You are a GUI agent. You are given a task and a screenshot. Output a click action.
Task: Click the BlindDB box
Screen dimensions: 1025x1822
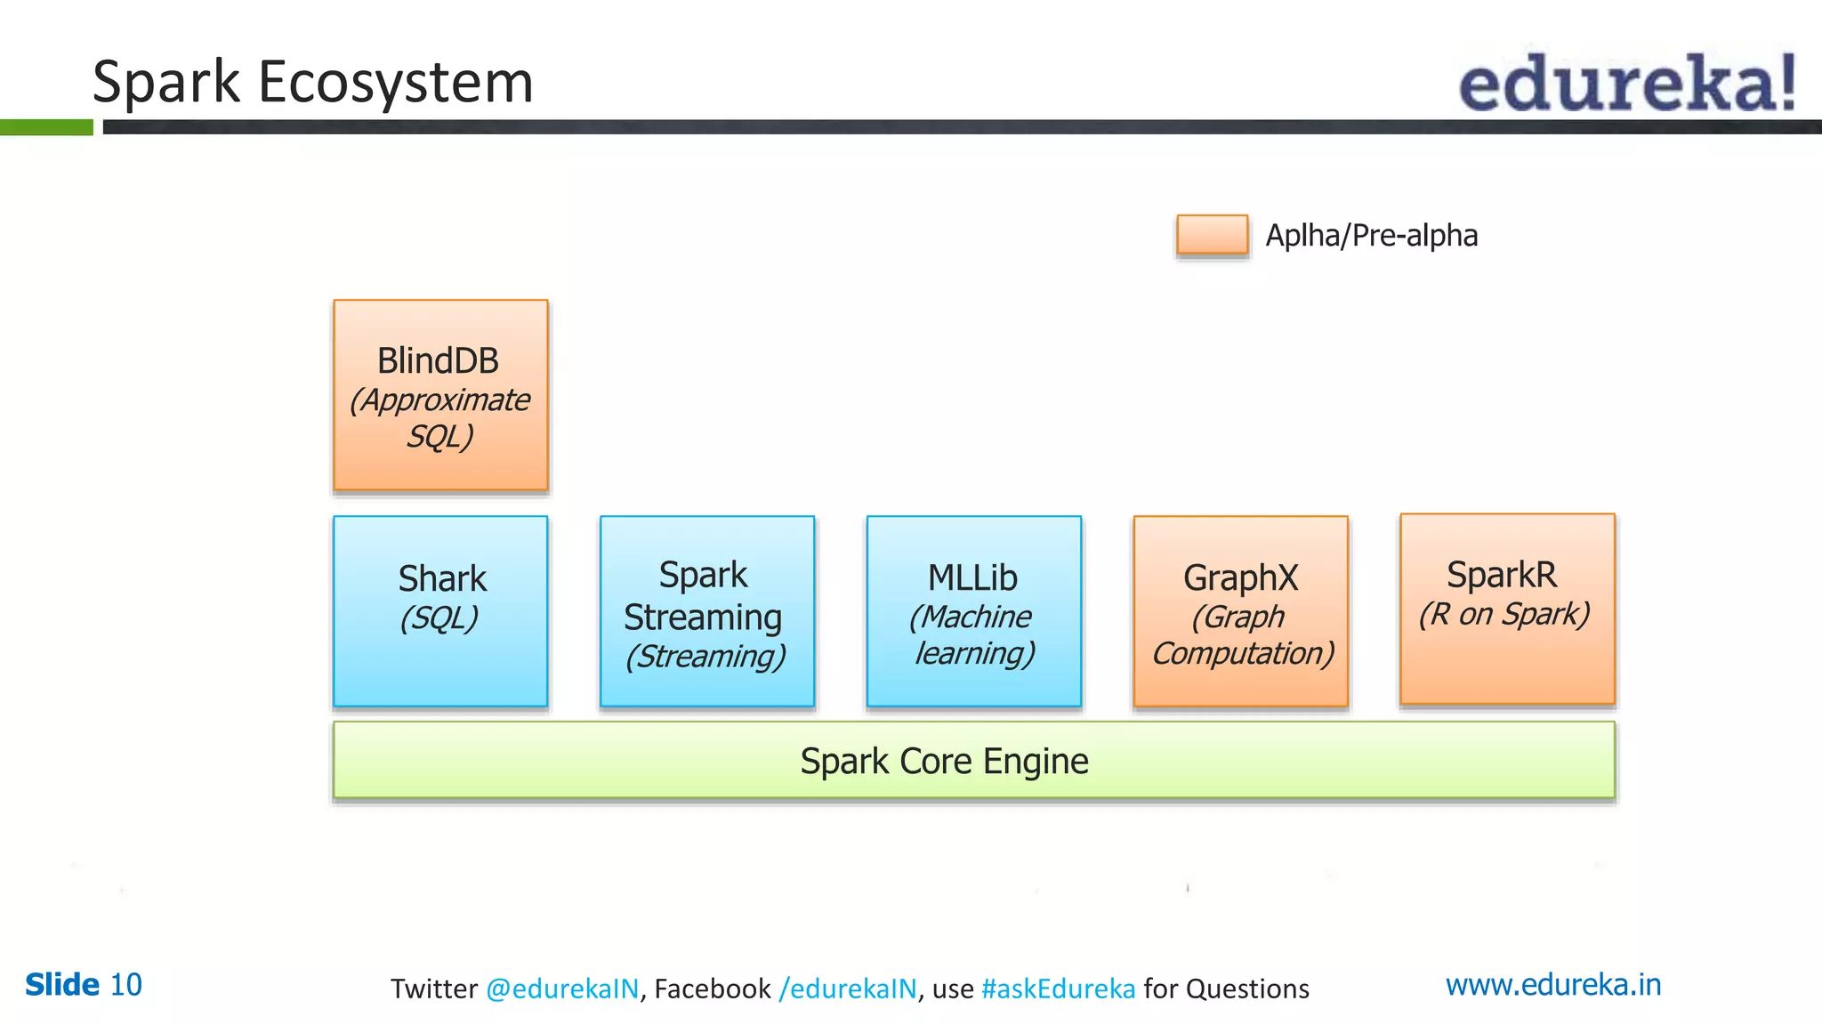point(440,395)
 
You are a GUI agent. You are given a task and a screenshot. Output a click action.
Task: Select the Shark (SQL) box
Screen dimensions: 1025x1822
point(440,611)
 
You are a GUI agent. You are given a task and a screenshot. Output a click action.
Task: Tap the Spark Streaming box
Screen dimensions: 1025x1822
point(707,611)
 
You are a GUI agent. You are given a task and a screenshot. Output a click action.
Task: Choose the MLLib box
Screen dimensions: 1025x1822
point(974,611)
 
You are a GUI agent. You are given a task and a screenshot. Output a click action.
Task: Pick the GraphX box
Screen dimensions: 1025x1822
point(1241,611)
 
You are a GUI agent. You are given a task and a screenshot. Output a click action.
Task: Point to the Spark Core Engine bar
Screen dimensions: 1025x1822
point(974,761)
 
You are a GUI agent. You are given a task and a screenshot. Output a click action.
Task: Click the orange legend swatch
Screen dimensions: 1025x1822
point(1212,235)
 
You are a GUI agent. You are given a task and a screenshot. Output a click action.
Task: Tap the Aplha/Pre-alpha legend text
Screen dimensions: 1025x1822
point(1371,236)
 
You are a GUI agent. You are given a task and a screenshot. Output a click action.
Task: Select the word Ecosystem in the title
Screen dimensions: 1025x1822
point(395,83)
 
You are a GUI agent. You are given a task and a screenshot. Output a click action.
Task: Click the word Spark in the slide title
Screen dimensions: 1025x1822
point(166,83)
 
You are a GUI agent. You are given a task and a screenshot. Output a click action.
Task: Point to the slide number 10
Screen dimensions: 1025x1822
point(125,985)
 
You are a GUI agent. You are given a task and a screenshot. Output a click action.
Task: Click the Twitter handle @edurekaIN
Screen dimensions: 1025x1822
point(562,989)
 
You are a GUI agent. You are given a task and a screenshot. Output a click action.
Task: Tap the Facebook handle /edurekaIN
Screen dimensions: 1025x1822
point(847,989)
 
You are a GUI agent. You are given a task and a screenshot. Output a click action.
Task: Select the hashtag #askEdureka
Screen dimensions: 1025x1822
point(1058,989)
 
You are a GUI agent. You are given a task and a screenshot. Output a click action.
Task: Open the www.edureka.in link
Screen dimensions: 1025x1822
point(1552,985)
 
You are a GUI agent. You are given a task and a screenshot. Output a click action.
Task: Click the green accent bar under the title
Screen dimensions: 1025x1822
point(46,127)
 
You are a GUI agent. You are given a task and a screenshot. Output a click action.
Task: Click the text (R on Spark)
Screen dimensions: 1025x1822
point(1504,614)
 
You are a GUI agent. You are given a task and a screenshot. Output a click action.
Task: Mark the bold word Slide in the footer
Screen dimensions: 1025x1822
point(62,985)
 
